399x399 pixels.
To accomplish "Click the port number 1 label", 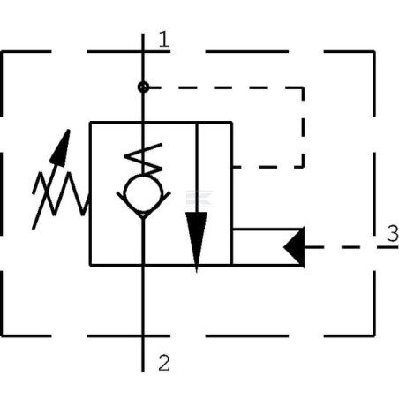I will coord(163,38).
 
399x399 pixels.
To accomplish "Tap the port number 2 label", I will coord(163,360).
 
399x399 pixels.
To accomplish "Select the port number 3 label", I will coord(391,234).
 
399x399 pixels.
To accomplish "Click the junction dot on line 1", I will coord(144,87).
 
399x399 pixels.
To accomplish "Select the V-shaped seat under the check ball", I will coord(144,210).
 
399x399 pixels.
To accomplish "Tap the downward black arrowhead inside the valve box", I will coord(196,241).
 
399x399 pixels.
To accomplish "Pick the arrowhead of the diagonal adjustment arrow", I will coord(61,145).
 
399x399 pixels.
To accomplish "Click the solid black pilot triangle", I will coord(295,246).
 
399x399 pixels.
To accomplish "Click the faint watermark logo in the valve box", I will coord(196,199).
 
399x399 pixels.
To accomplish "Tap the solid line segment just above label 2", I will coord(144,349).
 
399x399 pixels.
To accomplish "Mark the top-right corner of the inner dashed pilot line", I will coord(303,87).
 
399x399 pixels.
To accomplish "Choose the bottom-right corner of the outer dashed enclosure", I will coord(373,335).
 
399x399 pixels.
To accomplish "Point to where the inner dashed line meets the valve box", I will coord(232,166).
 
